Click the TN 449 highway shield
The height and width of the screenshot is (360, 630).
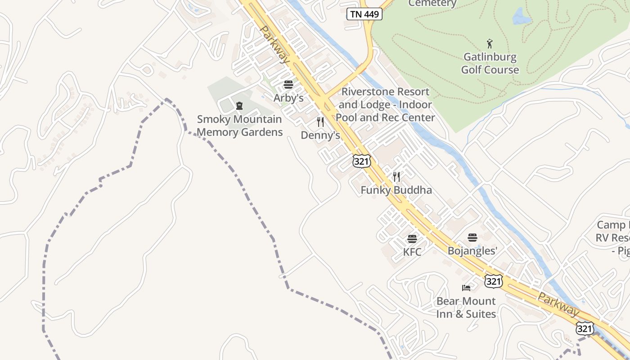coord(364,14)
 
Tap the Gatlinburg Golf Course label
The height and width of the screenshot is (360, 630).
coord(490,63)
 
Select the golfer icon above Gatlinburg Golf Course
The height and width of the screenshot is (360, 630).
coord(490,44)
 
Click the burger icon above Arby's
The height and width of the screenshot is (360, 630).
coord(288,85)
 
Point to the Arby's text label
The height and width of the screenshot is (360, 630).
coord(288,98)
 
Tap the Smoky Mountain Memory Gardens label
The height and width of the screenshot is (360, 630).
coord(239,126)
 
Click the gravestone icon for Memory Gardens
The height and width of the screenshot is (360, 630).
coord(239,106)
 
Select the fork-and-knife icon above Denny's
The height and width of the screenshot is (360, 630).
coord(320,122)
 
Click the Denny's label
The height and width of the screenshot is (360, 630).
coord(320,135)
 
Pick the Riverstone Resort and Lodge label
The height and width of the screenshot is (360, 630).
coord(386,104)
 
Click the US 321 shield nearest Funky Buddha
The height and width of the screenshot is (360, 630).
coord(361,161)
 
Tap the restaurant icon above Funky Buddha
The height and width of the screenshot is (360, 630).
coord(396,176)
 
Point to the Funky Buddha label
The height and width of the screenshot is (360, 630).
coord(396,190)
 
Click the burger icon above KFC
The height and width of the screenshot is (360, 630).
coord(412,238)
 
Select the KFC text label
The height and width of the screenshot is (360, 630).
coord(412,252)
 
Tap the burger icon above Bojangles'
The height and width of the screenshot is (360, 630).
coord(472,238)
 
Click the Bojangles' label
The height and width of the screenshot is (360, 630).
coord(472,251)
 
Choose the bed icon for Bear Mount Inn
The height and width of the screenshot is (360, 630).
coord(466,288)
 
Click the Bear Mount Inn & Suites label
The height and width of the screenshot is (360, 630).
coord(466,307)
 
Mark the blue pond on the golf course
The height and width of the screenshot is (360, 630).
coord(521,17)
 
